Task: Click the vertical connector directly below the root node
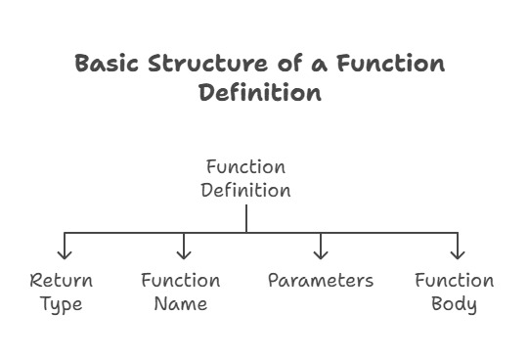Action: pos(245,217)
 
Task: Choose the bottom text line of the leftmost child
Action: pos(61,304)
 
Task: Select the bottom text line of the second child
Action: pos(182,304)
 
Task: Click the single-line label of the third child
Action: pos(320,282)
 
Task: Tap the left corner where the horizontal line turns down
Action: pos(66,232)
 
